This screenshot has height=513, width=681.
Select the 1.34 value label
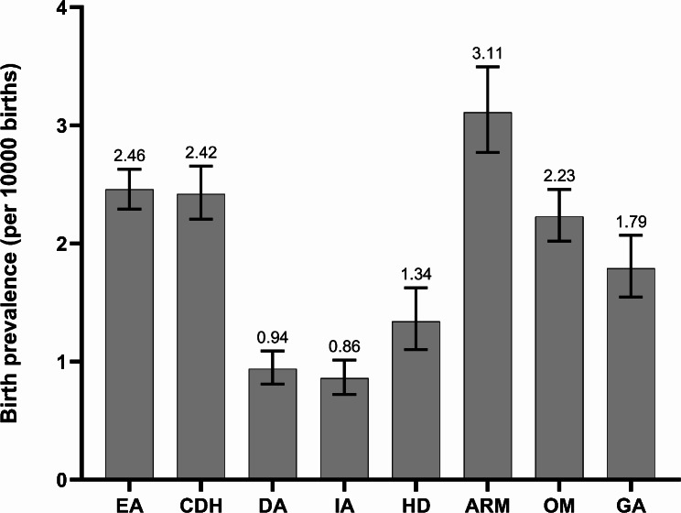[x=416, y=274]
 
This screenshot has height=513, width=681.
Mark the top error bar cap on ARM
[x=488, y=67]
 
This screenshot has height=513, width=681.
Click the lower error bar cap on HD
[x=416, y=349]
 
